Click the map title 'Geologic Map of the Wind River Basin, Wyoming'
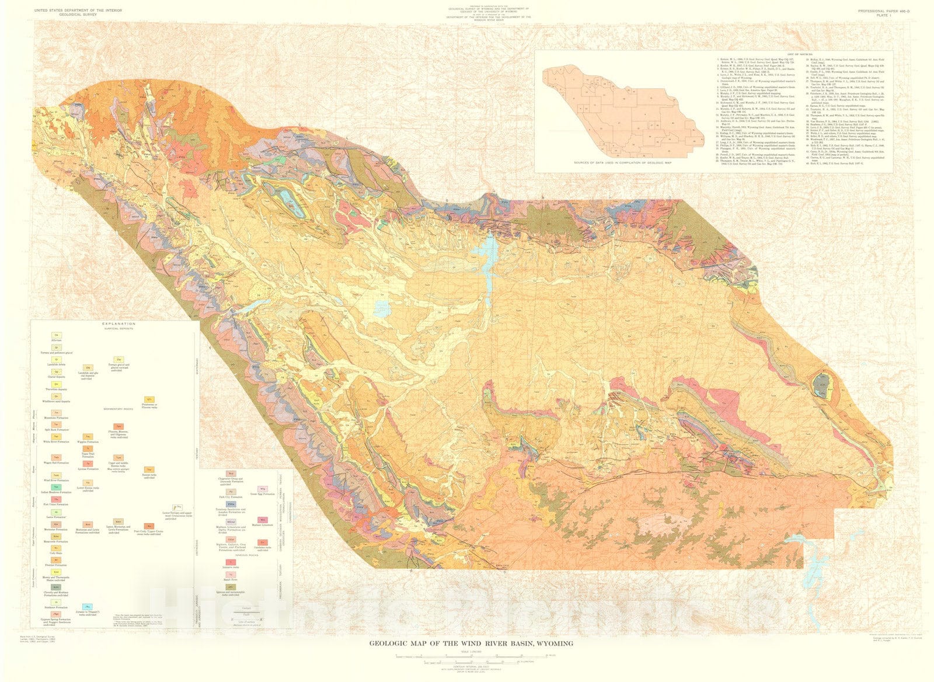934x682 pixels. [x=471, y=643]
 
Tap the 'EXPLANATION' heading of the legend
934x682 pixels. [x=119, y=323]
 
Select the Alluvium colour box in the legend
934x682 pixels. [x=57, y=335]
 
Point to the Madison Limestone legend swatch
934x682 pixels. [x=263, y=520]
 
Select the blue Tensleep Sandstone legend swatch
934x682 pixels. [x=231, y=504]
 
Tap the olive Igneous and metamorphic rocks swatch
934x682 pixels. [x=231, y=587]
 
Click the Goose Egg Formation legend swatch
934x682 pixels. [x=263, y=489]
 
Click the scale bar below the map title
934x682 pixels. [x=471, y=656]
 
